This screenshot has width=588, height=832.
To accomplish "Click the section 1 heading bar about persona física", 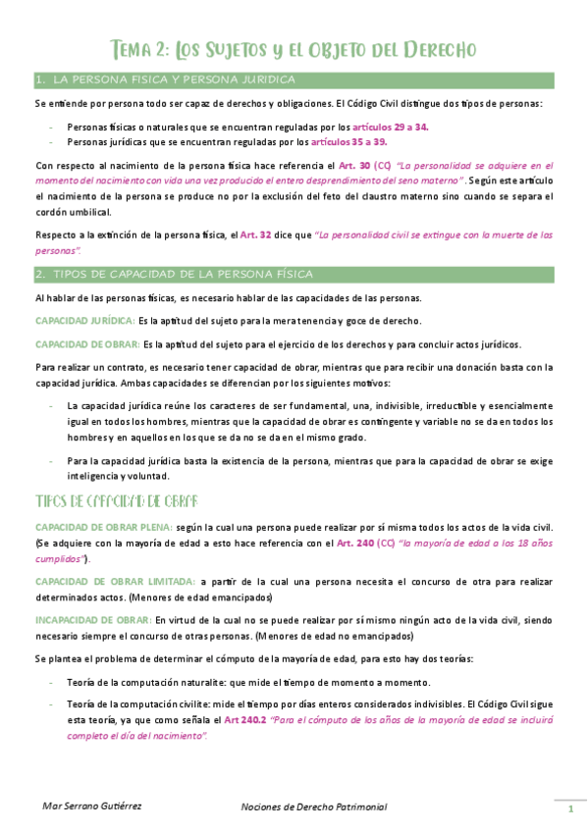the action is point(294,79).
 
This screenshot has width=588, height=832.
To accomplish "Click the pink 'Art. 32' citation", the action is point(257,235).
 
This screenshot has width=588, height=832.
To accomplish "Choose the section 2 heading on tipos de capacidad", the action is point(294,274).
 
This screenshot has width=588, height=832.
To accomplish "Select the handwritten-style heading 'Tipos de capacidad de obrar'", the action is point(117,500).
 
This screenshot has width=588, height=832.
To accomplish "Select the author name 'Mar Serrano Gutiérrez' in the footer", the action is point(93,806).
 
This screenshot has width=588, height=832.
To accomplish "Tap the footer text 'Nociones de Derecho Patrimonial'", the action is point(315,806).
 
